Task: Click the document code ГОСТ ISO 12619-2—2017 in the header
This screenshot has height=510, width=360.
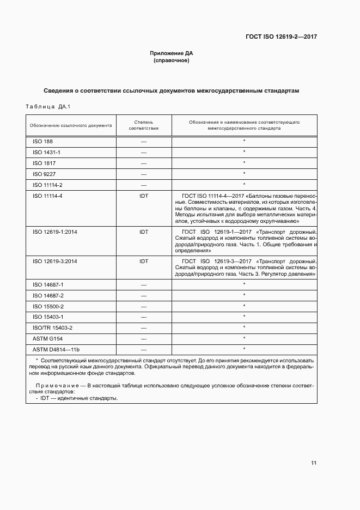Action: click(281, 37)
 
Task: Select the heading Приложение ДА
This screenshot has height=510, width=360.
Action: click(172, 53)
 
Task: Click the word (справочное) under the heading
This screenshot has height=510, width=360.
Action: click(172, 60)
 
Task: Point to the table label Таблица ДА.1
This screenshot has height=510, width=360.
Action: click(48, 106)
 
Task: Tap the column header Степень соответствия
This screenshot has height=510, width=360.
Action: click(144, 125)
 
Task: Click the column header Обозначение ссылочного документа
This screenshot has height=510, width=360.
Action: click(71, 125)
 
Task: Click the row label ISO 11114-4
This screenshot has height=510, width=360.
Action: click(47, 196)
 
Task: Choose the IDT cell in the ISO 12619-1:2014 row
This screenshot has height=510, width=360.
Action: click(144, 232)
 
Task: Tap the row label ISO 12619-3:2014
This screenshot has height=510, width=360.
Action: click(54, 261)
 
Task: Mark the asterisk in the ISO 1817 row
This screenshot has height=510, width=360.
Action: click(245, 163)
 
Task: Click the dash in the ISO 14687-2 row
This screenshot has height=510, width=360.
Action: click(144, 295)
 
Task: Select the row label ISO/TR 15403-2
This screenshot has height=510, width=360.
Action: click(52, 327)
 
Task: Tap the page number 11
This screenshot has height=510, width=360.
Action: click(314, 463)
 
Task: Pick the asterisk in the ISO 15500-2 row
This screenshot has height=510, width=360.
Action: click(245, 306)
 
